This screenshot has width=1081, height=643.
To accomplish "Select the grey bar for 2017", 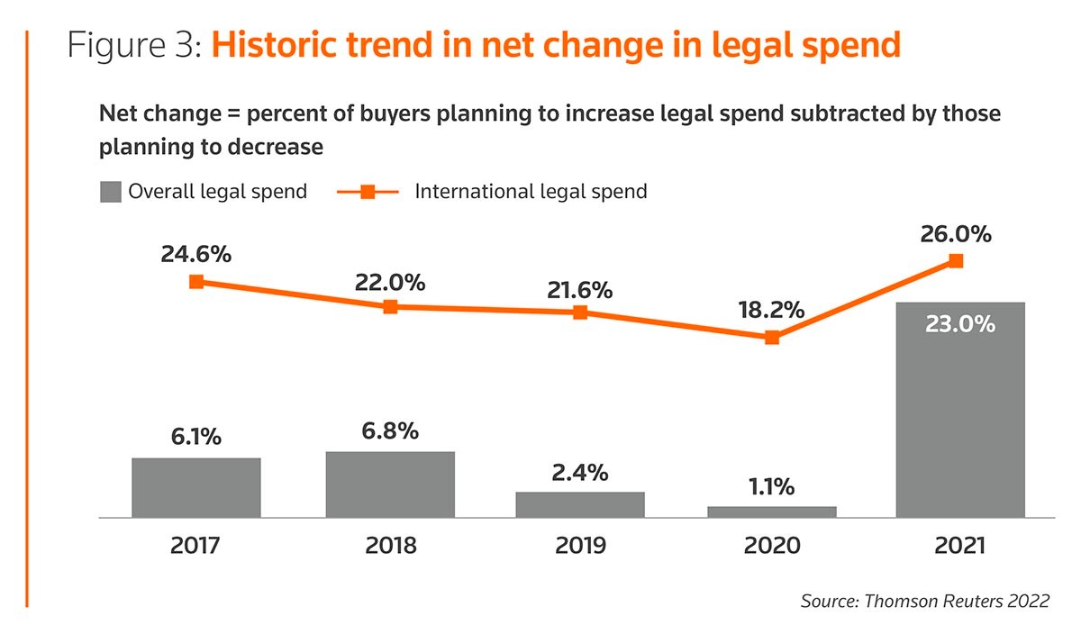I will (196, 487).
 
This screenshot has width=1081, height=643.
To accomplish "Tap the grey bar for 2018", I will (390, 485).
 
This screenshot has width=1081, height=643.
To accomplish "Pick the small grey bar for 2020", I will (772, 512).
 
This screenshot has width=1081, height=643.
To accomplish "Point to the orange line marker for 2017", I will (196, 281).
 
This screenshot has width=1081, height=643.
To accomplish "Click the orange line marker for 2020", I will (772, 338).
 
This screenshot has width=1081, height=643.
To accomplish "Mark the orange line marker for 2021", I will (957, 260).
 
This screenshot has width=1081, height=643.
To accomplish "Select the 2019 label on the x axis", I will (580, 546).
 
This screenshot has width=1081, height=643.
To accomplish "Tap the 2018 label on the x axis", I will (390, 546).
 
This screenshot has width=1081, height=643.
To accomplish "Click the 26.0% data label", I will (957, 235).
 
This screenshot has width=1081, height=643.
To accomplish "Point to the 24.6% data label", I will (196, 254).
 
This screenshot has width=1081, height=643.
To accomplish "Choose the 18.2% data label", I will (772, 311).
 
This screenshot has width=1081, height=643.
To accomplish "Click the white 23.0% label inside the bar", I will (960, 323).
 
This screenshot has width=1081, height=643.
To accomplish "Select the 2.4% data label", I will (580, 472).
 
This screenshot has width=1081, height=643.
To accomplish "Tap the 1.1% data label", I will (772, 487).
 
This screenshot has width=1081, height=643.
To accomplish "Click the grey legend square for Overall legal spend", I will (110, 192).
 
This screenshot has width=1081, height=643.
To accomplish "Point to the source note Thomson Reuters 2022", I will (924, 602).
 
